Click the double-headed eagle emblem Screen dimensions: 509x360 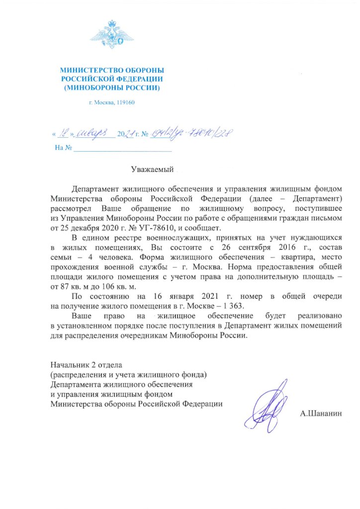point(112,37)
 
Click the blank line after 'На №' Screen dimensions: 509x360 point(122,149)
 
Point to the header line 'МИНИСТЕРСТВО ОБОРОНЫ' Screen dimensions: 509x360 point(112,71)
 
